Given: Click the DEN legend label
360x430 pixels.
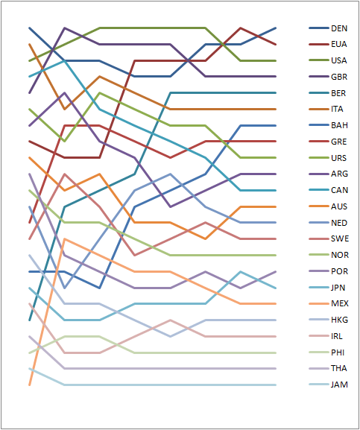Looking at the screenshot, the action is point(339,28).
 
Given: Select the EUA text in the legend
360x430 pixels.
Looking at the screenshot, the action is point(339,44).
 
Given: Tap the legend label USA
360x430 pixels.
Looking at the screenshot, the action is point(339,60).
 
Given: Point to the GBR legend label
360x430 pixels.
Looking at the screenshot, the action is point(339,77).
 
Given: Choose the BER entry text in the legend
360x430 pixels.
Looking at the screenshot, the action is point(338,93).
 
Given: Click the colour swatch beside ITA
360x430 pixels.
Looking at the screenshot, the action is point(319,109).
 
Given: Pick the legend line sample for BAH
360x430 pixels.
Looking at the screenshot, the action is point(319,125).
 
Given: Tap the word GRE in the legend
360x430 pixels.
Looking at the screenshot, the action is point(339,142).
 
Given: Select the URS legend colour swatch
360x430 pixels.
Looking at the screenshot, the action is point(319,158).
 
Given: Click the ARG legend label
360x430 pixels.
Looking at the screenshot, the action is point(339,174).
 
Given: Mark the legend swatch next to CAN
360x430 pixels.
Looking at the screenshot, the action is point(319,190).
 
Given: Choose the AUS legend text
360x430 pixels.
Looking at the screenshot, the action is point(339,206).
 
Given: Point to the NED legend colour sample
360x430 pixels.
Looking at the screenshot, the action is point(319,223).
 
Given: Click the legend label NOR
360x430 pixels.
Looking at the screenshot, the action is point(340,255).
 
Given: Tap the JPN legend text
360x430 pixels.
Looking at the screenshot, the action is point(338,288).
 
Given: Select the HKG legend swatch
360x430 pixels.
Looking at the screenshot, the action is point(319,320).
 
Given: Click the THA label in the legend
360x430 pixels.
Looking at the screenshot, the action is point(339,368).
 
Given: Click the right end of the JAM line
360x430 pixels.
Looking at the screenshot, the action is point(276,385).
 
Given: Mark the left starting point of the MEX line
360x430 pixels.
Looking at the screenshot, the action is point(30,385).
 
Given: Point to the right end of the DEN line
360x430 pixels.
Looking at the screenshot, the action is point(276,28).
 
